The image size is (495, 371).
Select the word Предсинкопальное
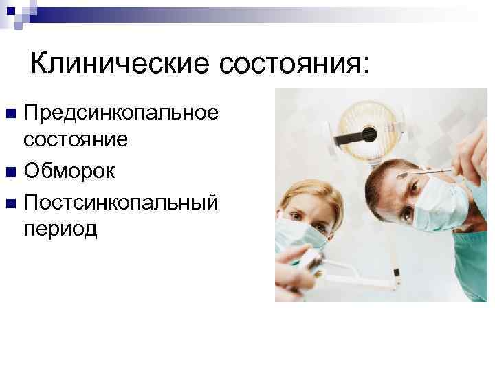click(x=121, y=113)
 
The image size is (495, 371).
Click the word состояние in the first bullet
click(x=76, y=139)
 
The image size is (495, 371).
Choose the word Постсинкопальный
click(x=121, y=201)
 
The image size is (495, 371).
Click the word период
click(x=60, y=229)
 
